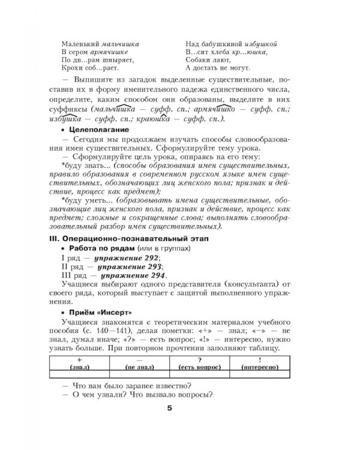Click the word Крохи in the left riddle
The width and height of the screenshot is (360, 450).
coord(73,70)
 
